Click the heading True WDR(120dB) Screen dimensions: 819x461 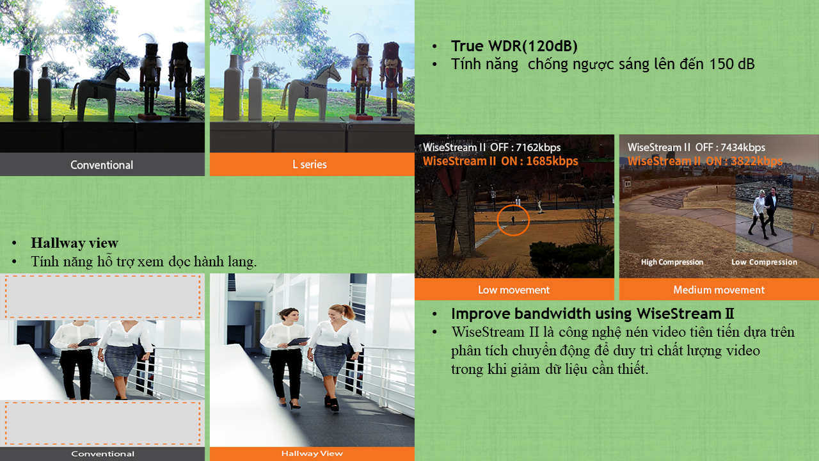point(514,46)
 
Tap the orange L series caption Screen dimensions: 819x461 point(310,165)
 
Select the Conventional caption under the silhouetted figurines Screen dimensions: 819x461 point(102,165)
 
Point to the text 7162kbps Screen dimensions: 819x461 point(538,147)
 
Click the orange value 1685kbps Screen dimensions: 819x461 point(552,161)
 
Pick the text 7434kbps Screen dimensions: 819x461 point(743,147)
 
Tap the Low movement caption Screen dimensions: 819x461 point(514,290)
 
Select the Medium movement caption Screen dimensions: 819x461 point(719,290)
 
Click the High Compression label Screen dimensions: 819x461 point(672,262)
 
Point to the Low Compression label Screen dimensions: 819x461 point(764,262)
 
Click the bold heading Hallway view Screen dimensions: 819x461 point(75,243)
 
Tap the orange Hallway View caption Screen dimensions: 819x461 point(312,453)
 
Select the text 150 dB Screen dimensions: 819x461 point(732,64)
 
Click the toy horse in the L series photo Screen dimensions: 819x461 point(311,92)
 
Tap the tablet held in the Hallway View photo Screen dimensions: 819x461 point(299,342)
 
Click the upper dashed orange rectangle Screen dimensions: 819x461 point(102,296)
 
